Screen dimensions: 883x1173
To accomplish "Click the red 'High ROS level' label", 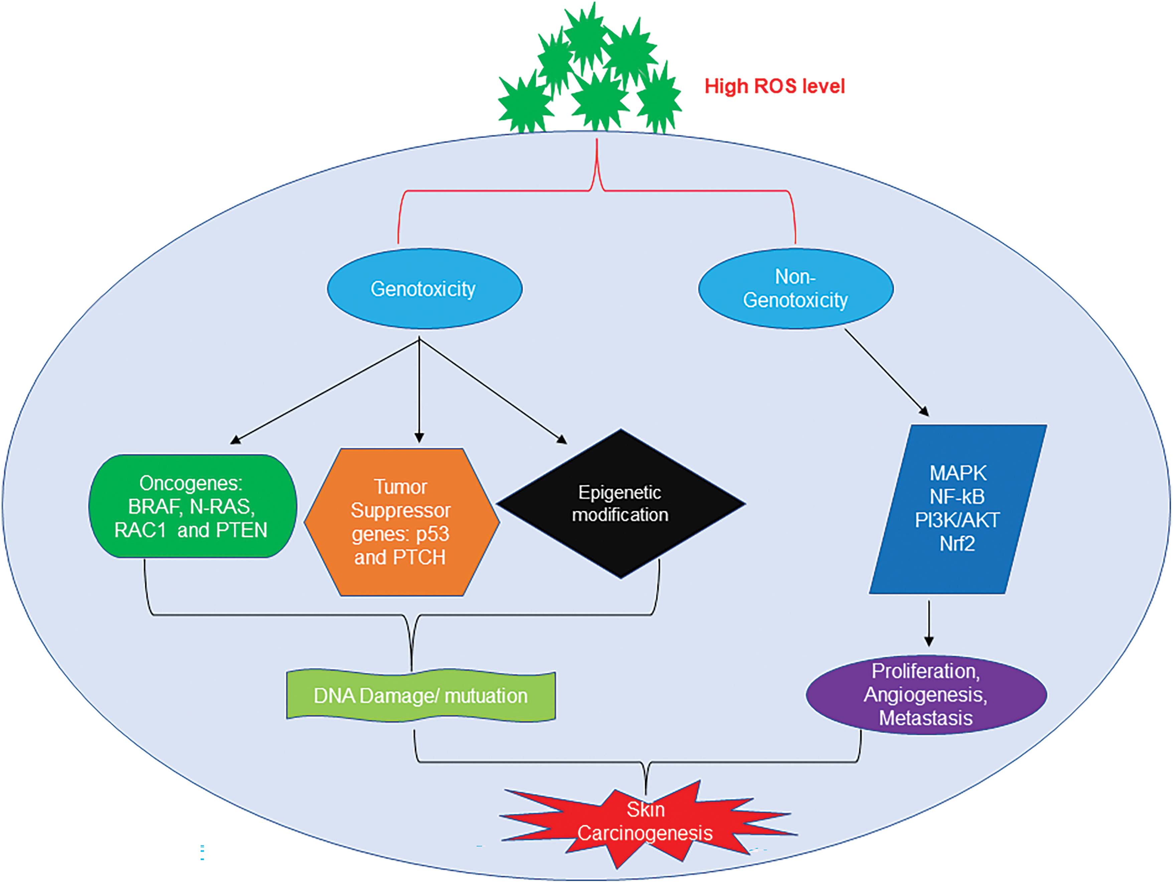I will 774,86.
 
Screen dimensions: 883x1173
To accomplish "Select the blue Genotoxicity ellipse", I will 424,289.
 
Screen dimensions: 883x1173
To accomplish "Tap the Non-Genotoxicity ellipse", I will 795,289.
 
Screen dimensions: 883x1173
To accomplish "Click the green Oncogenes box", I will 192,506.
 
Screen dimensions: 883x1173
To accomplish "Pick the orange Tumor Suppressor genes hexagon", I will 402,522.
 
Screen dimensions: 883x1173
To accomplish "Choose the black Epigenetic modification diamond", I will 620,504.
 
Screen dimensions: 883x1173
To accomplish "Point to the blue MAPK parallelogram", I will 957,509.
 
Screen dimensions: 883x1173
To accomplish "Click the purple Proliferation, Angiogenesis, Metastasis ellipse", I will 926,694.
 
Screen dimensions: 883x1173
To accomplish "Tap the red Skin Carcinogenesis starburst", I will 645,822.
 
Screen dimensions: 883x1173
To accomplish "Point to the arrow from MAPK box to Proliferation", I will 928,623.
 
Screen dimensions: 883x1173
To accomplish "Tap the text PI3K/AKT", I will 957,520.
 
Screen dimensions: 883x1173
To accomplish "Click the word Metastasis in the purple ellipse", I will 926,718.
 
